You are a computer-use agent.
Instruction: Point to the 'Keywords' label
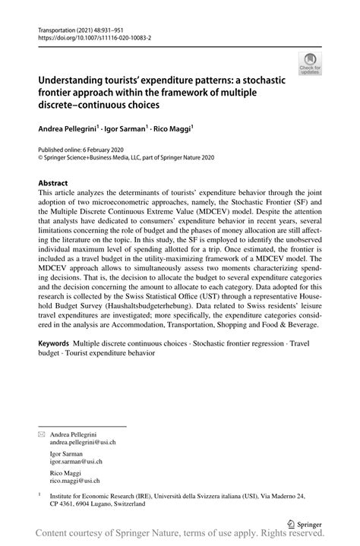[x=55, y=344]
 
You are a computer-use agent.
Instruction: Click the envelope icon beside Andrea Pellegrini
[x=43, y=433]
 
